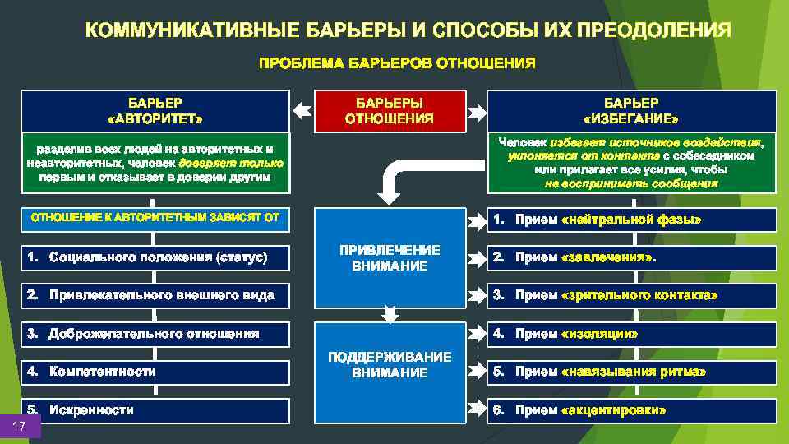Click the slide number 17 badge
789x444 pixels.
(21, 426)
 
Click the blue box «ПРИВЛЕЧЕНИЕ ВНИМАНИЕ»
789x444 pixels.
(390, 257)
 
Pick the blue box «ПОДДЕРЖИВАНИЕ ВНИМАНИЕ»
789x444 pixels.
(390, 364)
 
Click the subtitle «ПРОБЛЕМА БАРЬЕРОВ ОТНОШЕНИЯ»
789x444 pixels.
(397, 62)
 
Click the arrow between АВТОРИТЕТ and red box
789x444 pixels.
(302, 109)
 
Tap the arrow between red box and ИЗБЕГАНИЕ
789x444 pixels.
(475, 109)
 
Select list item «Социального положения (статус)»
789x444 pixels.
(155, 257)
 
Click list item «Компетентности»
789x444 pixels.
(155, 372)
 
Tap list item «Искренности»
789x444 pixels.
(155, 409)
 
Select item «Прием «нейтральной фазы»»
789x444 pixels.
(631, 220)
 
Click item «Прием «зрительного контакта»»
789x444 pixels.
(631, 295)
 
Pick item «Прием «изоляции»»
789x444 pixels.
(631, 334)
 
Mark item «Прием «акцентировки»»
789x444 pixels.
(631, 409)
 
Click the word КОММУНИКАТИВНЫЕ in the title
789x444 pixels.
(192, 31)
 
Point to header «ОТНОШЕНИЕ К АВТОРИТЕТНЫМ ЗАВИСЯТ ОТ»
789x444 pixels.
(155, 218)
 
